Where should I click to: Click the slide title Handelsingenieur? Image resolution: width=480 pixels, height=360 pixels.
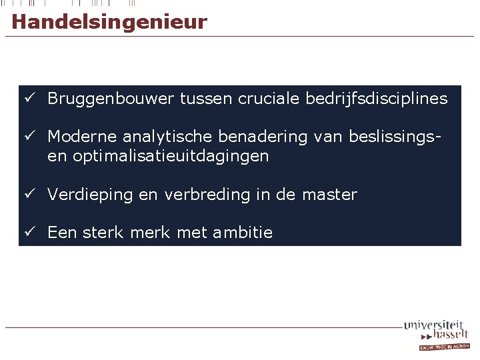(109, 22)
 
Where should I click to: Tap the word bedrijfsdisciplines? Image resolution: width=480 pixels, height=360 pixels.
(377, 99)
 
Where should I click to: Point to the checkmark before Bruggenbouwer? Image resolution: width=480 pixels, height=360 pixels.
(29, 98)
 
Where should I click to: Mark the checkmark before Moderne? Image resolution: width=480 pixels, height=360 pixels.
(29, 136)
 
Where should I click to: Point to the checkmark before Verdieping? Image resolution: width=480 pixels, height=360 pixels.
(29, 194)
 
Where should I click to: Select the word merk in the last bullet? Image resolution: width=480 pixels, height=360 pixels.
(149, 233)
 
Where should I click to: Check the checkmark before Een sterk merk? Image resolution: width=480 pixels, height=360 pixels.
(29, 232)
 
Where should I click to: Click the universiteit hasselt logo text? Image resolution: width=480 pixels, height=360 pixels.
(437, 330)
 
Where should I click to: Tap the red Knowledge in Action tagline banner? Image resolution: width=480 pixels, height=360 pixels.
(444, 347)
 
